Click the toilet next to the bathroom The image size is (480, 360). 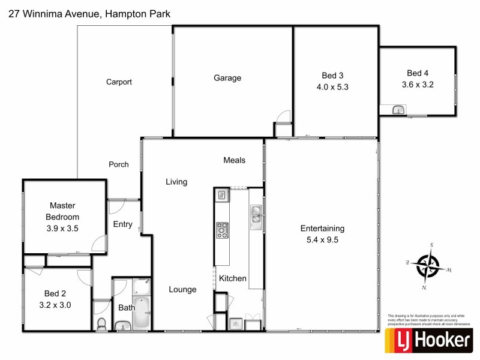click(x=101, y=324)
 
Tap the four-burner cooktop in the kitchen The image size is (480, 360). click(x=222, y=229)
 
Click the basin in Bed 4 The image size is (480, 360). click(x=398, y=109)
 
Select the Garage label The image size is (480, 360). click(x=227, y=78)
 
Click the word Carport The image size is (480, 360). click(x=119, y=82)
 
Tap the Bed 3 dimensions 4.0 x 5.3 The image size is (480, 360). click(x=332, y=86)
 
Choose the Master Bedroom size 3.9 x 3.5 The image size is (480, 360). click(x=62, y=228)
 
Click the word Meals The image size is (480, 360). click(x=234, y=160)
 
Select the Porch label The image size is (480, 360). click(x=118, y=164)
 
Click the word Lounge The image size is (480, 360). click(x=182, y=289)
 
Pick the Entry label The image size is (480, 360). click(x=122, y=224)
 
